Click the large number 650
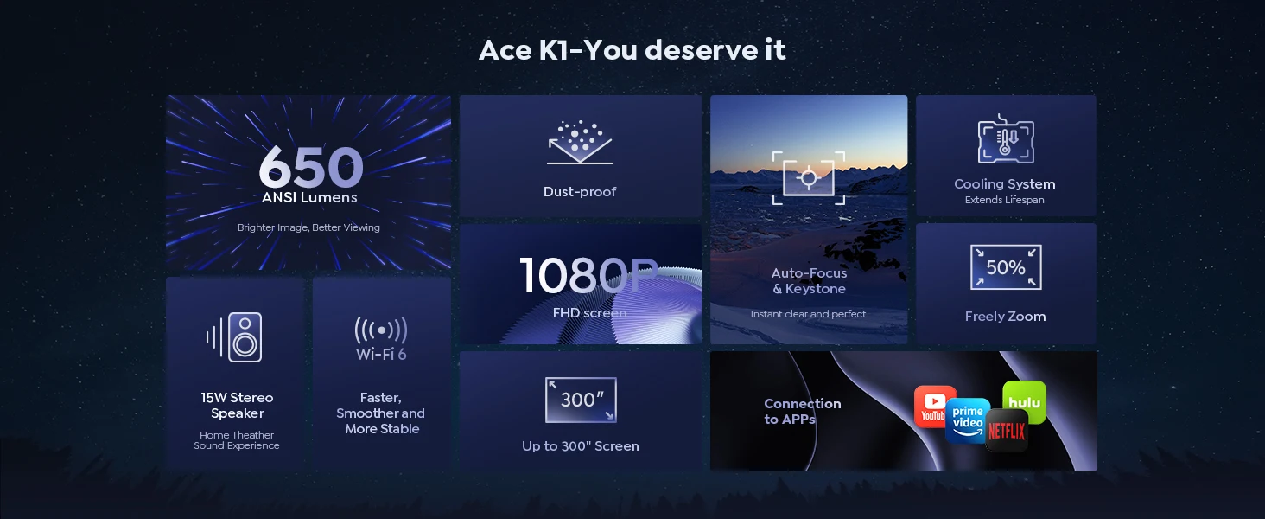pyautogui.click(x=311, y=166)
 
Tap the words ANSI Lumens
pyautogui.click(x=309, y=197)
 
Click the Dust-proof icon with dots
pyautogui.click(x=580, y=142)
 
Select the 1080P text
pyautogui.click(x=588, y=275)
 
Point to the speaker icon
pyautogui.click(x=235, y=337)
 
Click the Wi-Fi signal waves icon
pyautogui.click(x=381, y=330)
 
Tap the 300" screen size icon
pyautogui.click(x=581, y=400)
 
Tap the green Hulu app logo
pyautogui.click(x=1025, y=402)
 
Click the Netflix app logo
pyautogui.click(x=1007, y=432)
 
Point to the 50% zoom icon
pyautogui.click(x=1006, y=267)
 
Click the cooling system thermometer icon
pyautogui.click(x=1006, y=139)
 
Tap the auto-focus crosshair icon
pyautogui.click(x=809, y=178)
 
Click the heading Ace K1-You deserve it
pyautogui.click(x=632, y=50)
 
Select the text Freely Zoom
pyautogui.click(x=1005, y=317)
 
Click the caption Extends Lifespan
pyautogui.click(x=1005, y=200)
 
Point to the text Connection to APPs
pyautogui.click(x=803, y=411)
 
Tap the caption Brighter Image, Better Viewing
pyautogui.click(x=308, y=227)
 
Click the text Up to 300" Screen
pyautogui.click(x=581, y=446)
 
